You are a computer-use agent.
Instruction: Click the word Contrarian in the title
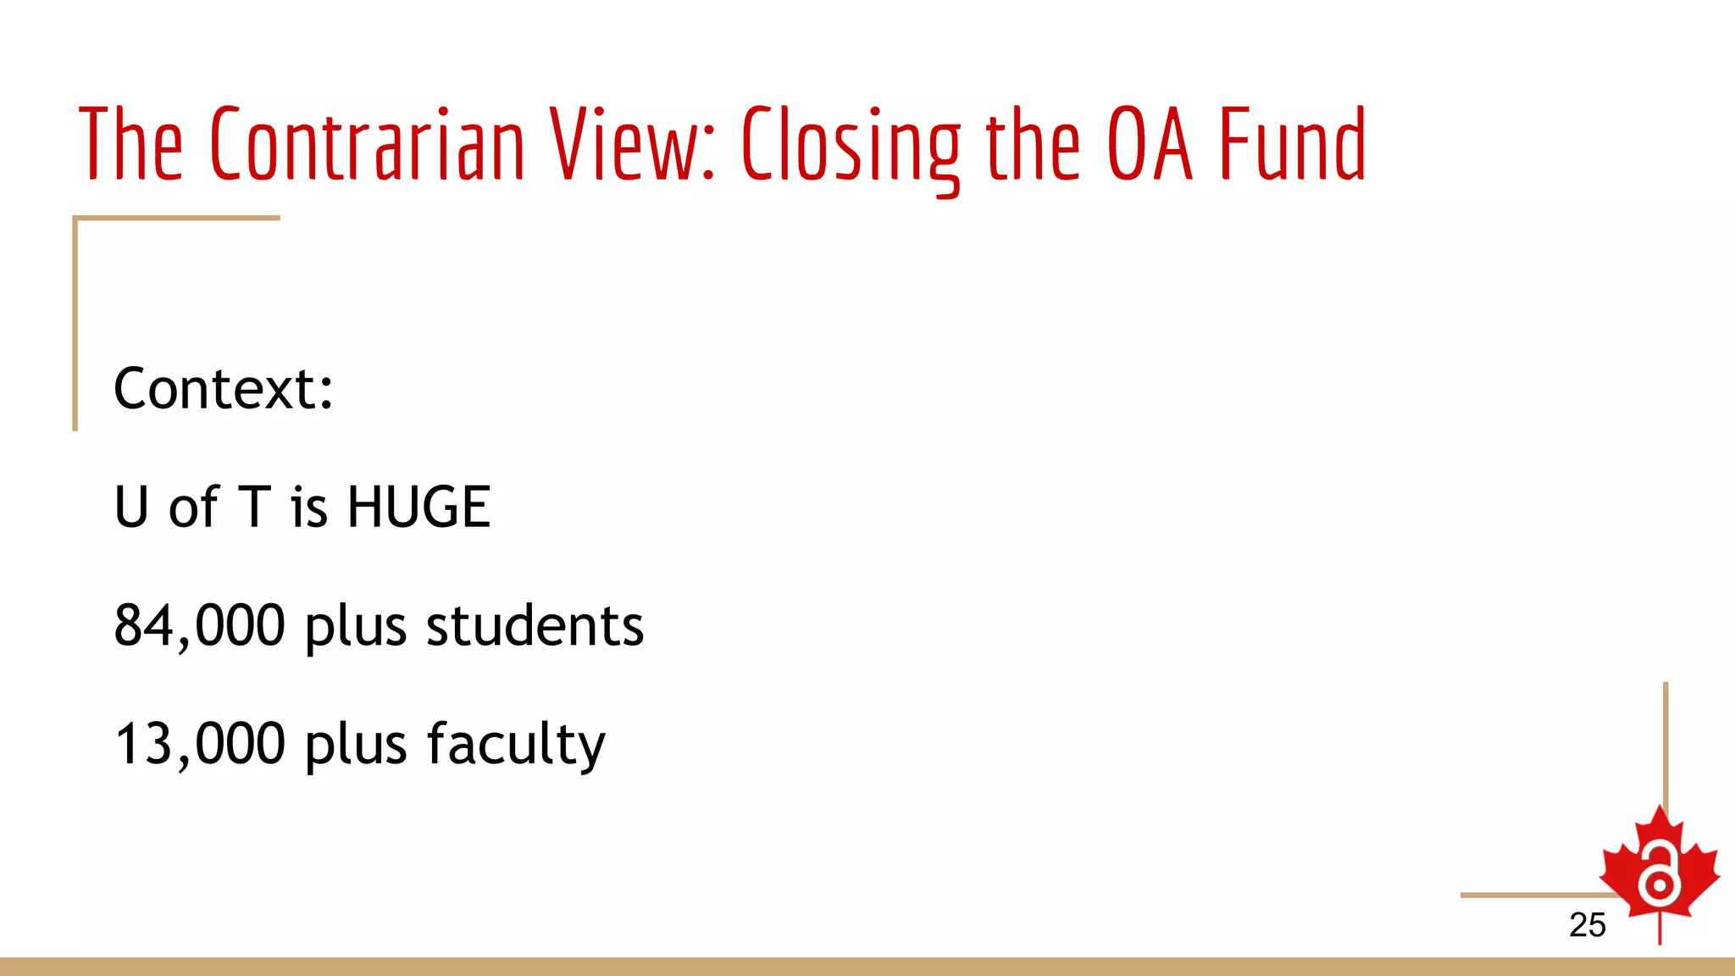click(368, 144)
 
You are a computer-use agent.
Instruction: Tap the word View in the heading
click(631, 144)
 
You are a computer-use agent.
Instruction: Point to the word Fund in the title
click(1293, 144)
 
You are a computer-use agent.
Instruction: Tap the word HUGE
click(419, 507)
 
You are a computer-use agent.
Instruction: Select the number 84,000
click(200, 626)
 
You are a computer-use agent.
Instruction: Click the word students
click(535, 626)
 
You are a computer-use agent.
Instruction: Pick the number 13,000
click(200, 745)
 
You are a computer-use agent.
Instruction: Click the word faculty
click(516, 745)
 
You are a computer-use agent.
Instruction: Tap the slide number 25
click(1587, 925)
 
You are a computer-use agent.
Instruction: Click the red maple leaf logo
click(1659, 868)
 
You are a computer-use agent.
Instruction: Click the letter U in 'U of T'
click(131, 507)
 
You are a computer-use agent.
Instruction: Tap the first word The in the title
click(130, 144)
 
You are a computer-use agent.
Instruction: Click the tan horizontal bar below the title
click(176, 218)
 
